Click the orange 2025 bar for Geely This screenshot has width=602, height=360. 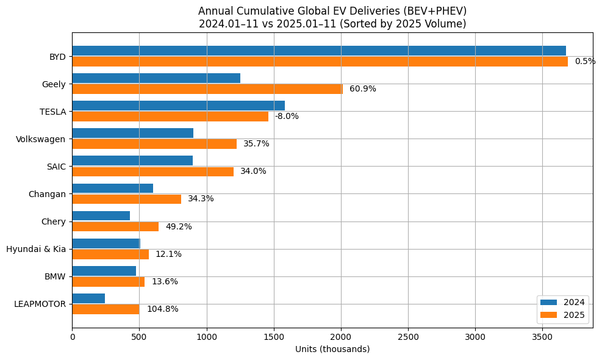pos(207,89)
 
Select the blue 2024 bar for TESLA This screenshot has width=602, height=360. pos(178,106)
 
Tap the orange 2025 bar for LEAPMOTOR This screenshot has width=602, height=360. pos(106,309)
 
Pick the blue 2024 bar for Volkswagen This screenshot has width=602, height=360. pos(132,133)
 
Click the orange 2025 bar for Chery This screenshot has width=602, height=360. pos(115,226)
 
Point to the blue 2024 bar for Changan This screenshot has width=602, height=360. pos(112,188)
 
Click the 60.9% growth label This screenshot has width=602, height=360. pos(363,89)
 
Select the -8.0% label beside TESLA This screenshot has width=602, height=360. pos(287,117)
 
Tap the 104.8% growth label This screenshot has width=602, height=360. pos(162,309)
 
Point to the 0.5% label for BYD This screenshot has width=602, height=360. pos(585,62)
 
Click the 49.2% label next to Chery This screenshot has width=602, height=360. pos(179,227)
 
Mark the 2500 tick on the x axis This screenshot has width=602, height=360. pos(408,336)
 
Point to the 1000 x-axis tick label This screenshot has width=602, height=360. pos(207,336)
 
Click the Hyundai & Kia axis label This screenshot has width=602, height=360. pos(36,249)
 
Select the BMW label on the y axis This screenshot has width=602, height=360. pos(55,276)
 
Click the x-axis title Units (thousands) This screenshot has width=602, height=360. pos(332,349)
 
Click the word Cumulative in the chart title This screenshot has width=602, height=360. pos(259,11)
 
